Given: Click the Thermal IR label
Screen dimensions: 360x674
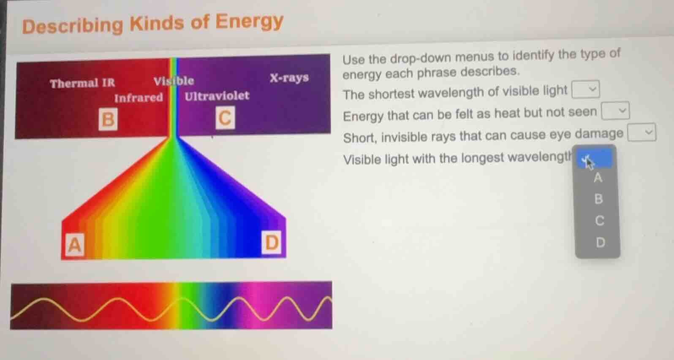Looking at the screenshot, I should [82, 83].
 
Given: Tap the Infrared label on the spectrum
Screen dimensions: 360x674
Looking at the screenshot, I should [139, 98].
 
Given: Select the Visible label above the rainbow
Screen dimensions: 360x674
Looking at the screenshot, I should [174, 81].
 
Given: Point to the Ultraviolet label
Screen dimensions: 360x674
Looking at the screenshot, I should [217, 96].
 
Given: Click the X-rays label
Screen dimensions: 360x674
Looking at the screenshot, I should [289, 78].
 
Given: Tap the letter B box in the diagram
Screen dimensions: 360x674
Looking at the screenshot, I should [108, 119].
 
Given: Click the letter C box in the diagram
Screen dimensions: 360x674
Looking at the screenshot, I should [225, 117].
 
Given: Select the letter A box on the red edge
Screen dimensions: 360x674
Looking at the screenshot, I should [74, 244].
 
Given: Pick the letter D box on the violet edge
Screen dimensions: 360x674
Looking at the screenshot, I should [271, 242].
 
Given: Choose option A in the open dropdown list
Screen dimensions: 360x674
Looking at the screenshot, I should [598, 178].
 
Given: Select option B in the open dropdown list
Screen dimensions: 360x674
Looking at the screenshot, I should [598, 199].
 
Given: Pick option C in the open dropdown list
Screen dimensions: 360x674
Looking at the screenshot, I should [599, 220].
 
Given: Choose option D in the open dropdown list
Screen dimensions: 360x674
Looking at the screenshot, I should [600, 242].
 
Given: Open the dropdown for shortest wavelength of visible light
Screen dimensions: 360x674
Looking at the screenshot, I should [585, 89].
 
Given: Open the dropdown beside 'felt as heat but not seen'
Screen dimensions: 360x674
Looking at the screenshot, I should [615, 111].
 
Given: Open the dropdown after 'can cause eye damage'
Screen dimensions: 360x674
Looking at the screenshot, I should [641, 133].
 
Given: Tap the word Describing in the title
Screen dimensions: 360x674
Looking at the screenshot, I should [72, 26].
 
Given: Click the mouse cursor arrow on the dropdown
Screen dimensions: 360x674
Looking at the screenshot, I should [588, 161].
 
